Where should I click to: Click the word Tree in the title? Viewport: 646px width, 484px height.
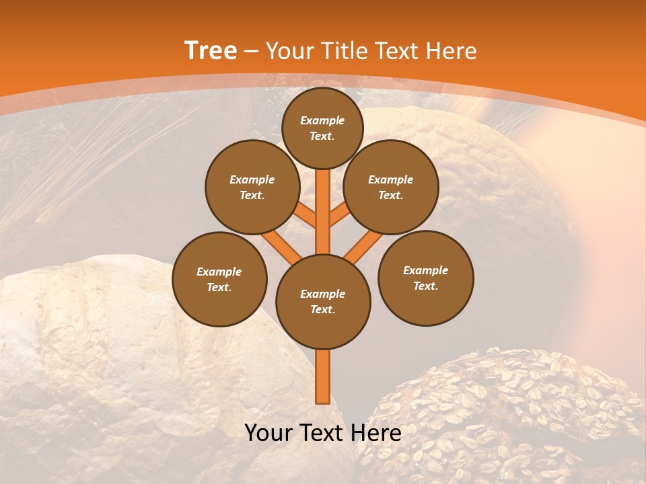coord(211,51)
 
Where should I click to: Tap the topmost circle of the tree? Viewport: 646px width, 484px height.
coord(322,128)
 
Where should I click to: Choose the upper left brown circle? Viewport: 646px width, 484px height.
coord(252,187)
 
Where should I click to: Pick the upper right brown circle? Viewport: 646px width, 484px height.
coord(391,187)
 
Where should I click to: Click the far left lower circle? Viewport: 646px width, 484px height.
coord(219,279)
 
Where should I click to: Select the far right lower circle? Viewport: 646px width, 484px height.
coord(426,278)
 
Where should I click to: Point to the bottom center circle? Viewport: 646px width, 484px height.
coord(323,301)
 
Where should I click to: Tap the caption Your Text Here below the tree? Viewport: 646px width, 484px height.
coord(323,433)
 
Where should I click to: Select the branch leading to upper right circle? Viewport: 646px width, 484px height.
coord(340,216)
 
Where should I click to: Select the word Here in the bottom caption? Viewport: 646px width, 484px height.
coord(375,433)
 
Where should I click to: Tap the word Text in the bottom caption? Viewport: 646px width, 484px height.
coord(322,433)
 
